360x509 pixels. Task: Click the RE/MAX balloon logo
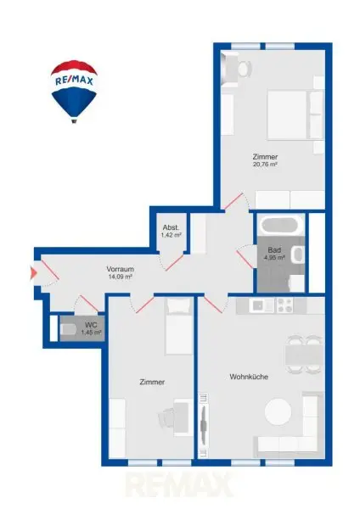coord(74,92)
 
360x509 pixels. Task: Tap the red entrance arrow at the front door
coord(33,273)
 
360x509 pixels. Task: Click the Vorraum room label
coord(121,269)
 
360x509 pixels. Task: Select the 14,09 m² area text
coord(121,277)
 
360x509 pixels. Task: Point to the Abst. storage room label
coord(171,227)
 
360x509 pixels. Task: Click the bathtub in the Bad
coord(282,226)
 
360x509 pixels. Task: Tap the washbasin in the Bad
coord(298,255)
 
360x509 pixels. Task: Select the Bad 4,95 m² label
coord(274,254)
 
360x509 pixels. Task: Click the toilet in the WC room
coord(68,329)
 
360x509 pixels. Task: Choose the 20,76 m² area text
coord(265,165)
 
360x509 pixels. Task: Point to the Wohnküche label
coord(249,377)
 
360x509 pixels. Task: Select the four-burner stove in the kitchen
coord(284,305)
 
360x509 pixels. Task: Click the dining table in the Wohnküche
coord(304,355)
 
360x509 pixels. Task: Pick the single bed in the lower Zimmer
coord(178,327)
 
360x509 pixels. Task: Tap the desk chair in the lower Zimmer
coord(166,417)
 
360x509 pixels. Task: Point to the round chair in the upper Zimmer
coord(245,69)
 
